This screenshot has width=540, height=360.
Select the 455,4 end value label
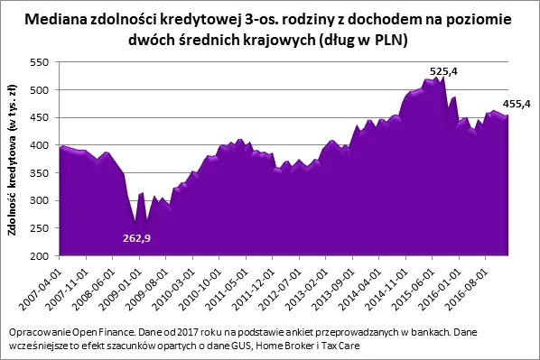click(517, 105)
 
